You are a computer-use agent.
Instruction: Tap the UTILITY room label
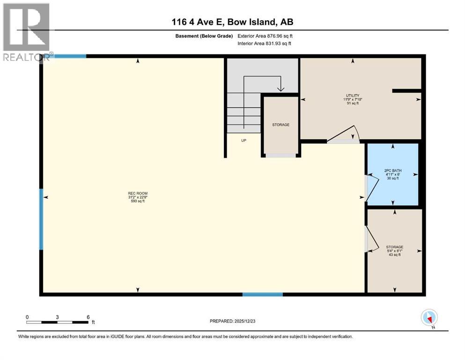pyautogui.click(x=352, y=95)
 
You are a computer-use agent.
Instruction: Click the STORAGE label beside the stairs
pyautogui.click(x=280, y=125)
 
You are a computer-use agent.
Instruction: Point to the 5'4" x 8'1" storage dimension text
pyautogui.click(x=395, y=251)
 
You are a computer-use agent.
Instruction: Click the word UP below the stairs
pyautogui.click(x=244, y=140)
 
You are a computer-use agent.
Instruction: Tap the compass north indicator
pyautogui.click(x=429, y=318)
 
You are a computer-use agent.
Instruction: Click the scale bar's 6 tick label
pyautogui.click(x=88, y=317)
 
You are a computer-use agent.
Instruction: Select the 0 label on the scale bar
pyautogui.click(x=27, y=317)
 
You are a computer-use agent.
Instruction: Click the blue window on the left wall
pyautogui.click(x=41, y=219)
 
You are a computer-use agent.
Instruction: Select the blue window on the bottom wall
pyautogui.click(x=262, y=294)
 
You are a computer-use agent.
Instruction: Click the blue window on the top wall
pyautogui.click(x=70, y=56)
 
